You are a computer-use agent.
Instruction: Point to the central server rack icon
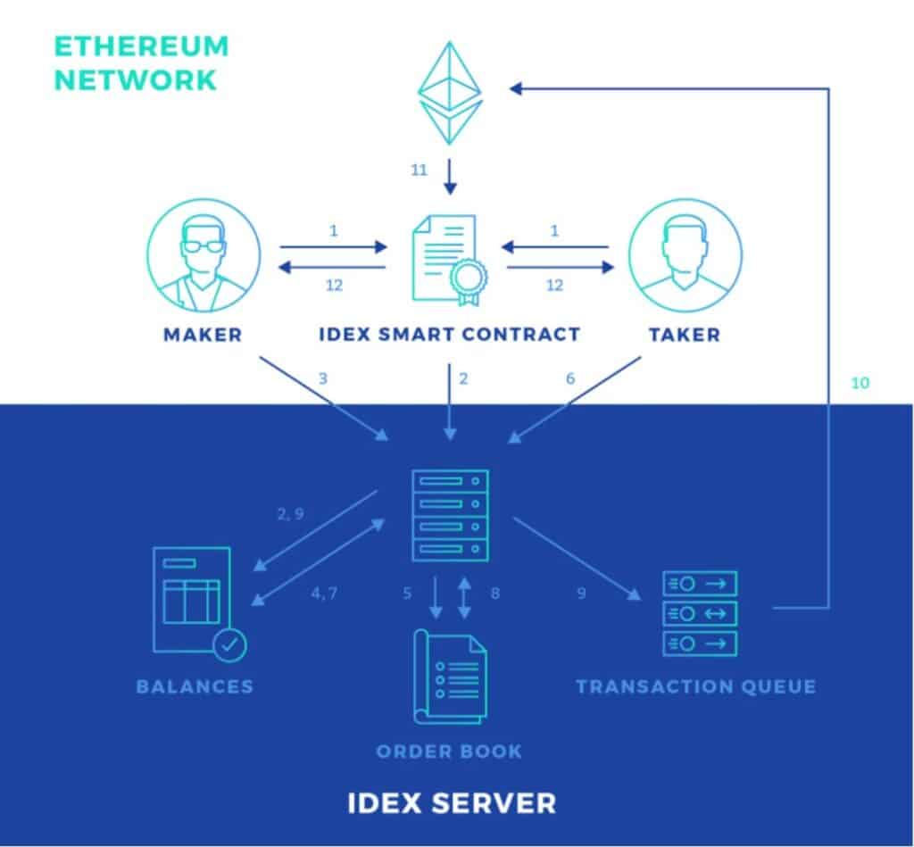tap(450, 514)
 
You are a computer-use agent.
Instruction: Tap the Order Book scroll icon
tap(450, 676)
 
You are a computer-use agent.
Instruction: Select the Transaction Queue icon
tap(700, 613)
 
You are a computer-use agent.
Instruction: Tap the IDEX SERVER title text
tap(451, 801)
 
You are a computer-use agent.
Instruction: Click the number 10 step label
tap(859, 383)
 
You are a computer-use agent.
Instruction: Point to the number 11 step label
tap(420, 169)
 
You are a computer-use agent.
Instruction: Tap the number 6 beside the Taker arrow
tap(570, 378)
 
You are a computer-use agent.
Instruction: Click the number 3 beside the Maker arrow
tap(323, 378)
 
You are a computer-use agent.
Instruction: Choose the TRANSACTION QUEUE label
tap(695, 686)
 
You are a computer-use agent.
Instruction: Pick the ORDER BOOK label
tap(449, 751)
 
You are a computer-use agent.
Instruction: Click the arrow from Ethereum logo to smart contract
tap(450, 176)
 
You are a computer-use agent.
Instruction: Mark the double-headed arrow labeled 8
tap(464, 597)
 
